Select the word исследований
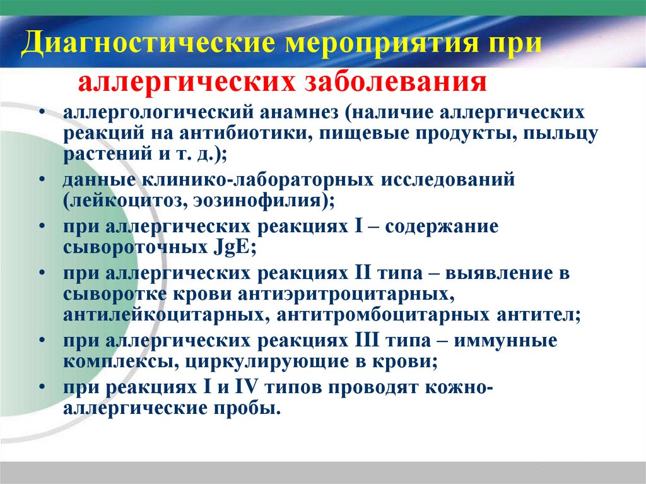pyautogui.click(x=447, y=180)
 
